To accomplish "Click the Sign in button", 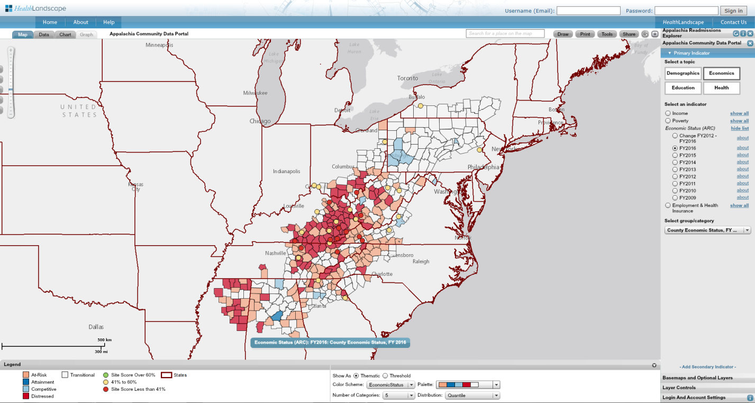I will (733, 11).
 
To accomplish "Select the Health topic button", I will (721, 88).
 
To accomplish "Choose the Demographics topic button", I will (683, 73).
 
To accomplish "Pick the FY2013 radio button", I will (675, 169).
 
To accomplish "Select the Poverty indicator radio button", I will (668, 121).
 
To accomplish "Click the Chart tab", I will (65, 34).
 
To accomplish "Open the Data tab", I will (44, 34).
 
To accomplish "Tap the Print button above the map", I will (585, 34).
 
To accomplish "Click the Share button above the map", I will (629, 34).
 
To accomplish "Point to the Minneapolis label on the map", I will (159, 45).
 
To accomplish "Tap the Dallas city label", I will (96, 327).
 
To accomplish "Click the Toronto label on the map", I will (407, 78).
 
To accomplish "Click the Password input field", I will (686, 11).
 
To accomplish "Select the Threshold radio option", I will (385, 375).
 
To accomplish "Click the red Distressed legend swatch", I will (26, 396).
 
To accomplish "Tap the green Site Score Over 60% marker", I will (105, 375).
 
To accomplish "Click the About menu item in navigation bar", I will (81, 22).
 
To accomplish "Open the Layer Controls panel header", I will (679, 388).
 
